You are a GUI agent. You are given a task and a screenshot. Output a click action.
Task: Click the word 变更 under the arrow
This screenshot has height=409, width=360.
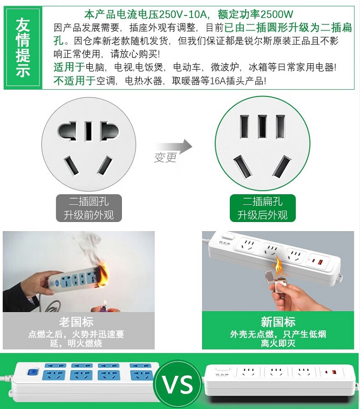tap(166, 157)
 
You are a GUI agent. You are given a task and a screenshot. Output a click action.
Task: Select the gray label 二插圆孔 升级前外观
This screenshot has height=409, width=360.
tap(89, 208)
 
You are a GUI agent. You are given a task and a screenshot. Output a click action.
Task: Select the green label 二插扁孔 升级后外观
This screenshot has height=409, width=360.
tap(263, 208)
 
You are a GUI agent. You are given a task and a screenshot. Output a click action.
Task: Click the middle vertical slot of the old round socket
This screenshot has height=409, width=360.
tap(89, 131)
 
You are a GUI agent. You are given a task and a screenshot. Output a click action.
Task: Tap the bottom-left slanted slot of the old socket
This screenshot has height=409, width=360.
tap(72, 165)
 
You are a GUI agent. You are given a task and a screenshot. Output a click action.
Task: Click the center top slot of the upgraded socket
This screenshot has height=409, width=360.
tap(263, 127)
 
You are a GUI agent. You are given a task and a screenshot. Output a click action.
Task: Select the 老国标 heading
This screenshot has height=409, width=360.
tap(76, 322)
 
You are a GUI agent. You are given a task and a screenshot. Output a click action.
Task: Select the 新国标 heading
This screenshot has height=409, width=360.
tap(278, 322)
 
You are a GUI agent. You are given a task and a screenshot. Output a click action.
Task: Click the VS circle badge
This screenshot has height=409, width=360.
tap(178, 384)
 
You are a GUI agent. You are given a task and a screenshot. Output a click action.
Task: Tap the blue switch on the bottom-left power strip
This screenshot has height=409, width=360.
tap(32, 372)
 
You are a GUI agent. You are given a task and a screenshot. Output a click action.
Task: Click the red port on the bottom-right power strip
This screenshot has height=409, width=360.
tap(334, 372)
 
